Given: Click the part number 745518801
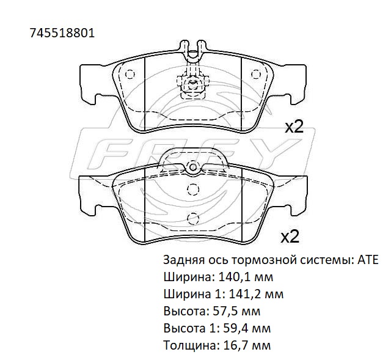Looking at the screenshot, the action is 62,32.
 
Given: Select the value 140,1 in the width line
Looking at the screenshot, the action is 234,277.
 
